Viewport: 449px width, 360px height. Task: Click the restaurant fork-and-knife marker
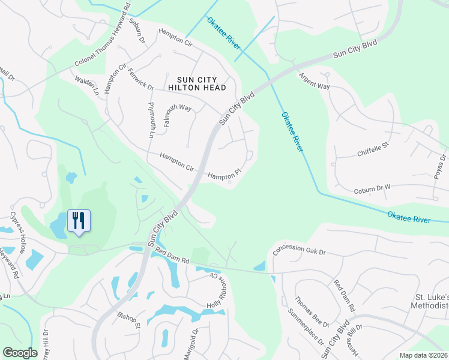point(78,221)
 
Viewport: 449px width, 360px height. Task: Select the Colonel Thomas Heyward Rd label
point(103,37)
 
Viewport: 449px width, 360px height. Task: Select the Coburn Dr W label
point(372,188)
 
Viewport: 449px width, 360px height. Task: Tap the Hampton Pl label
point(224,173)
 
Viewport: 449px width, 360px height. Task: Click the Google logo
point(20,353)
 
